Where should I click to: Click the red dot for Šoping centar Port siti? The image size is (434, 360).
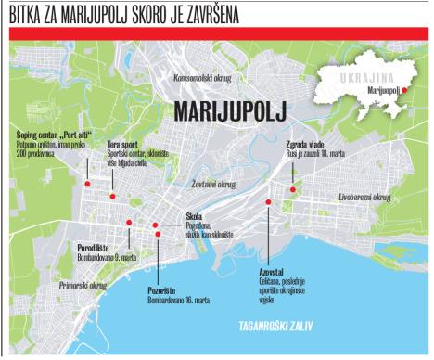click(x=86, y=184)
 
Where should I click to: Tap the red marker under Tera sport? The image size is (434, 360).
click(x=112, y=196)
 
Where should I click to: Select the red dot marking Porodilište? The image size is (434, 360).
click(x=129, y=223)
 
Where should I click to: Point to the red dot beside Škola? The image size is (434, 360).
click(x=155, y=225)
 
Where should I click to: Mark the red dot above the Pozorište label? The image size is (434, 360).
click(x=159, y=234)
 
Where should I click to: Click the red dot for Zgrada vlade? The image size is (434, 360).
click(x=293, y=189)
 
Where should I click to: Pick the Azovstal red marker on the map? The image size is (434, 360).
click(x=269, y=200)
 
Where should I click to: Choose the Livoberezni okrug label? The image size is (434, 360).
click(x=364, y=198)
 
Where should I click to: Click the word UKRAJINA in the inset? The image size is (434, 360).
click(x=372, y=73)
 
